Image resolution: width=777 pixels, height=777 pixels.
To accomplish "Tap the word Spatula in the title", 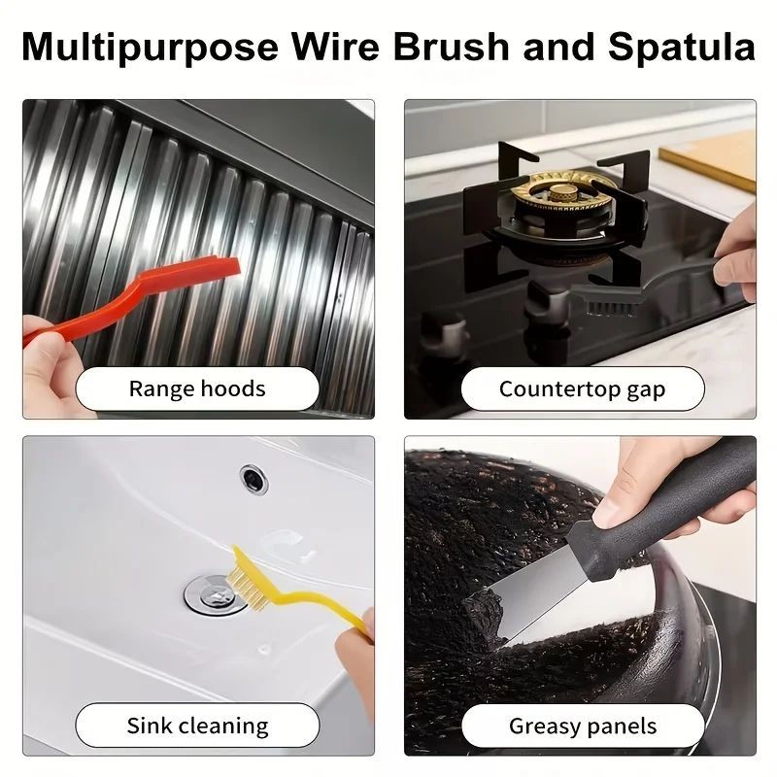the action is [x=682, y=47].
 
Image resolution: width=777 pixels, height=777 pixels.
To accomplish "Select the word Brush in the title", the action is [x=451, y=47].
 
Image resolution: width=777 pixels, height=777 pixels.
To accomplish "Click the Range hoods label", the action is [x=197, y=389].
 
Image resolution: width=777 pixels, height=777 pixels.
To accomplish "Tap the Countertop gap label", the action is [x=582, y=389].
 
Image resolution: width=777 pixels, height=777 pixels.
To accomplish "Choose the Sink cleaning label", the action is [x=197, y=726].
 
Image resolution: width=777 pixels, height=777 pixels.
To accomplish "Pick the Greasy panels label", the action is [x=582, y=726].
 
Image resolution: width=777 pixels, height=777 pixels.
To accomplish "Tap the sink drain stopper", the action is [x=216, y=594].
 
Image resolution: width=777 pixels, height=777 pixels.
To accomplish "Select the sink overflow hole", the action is [x=253, y=479].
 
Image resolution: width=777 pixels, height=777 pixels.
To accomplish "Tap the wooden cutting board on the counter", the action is [x=709, y=158].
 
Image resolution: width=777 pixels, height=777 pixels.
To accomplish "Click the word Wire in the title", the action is [x=335, y=47].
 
